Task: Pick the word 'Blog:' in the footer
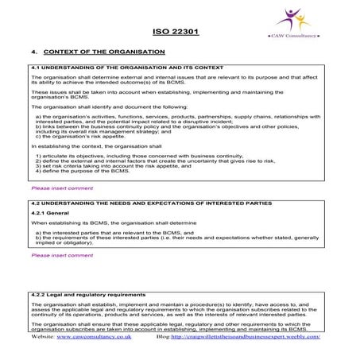pyautogui.click(x=165, y=337)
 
